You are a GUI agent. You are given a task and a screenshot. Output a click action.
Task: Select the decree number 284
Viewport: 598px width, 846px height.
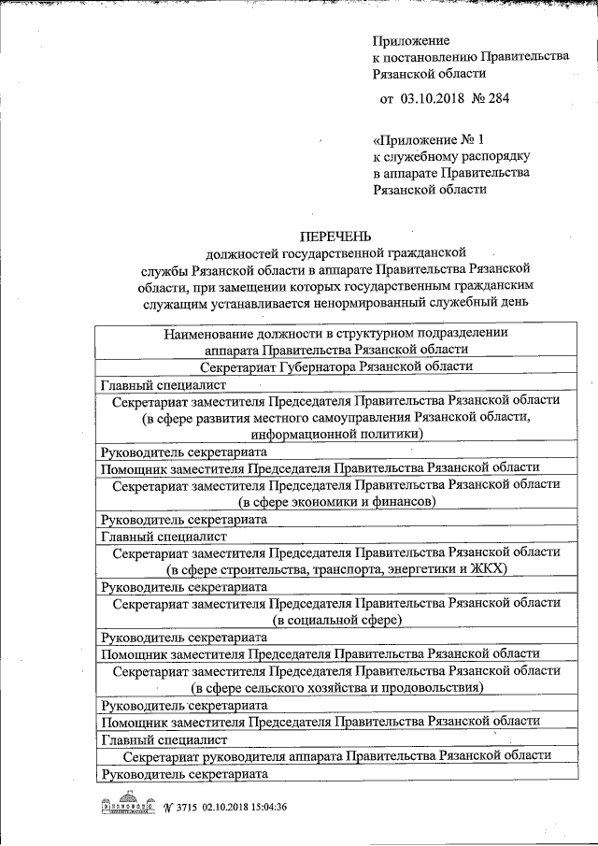pyautogui.click(x=497, y=98)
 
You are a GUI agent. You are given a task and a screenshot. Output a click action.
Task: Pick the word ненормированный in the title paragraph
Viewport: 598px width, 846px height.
pyautogui.click(x=370, y=302)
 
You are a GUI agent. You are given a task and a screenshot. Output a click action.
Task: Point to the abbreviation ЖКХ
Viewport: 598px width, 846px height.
pyautogui.click(x=487, y=568)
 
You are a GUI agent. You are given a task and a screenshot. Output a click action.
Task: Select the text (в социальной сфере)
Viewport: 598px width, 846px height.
pyautogui.click(x=336, y=619)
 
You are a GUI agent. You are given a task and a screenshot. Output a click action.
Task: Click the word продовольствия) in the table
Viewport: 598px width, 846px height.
pyautogui.click(x=433, y=687)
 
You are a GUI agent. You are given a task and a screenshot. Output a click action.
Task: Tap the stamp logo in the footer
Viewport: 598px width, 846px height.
pyautogui.click(x=127, y=807)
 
